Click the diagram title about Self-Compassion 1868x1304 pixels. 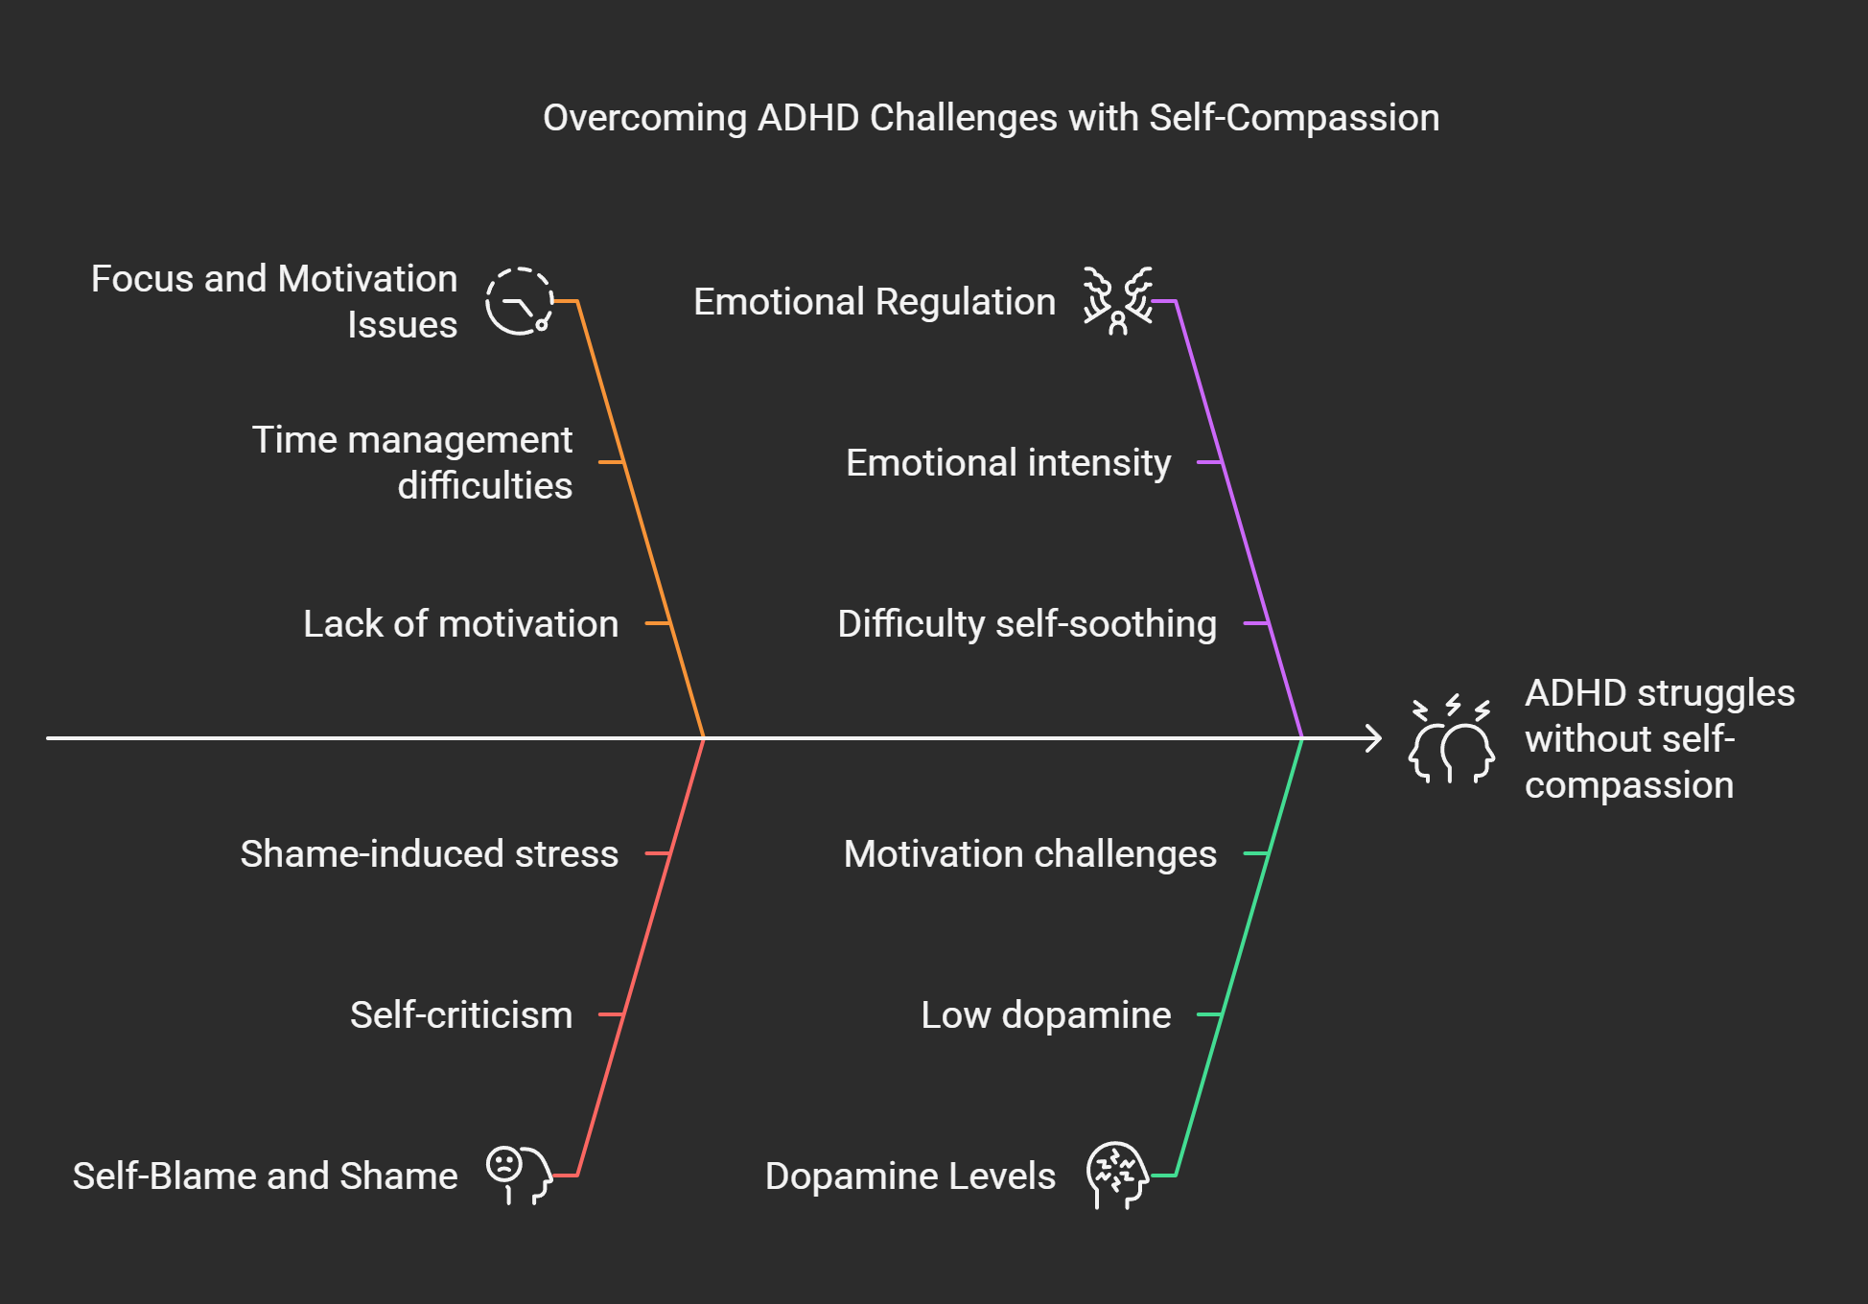pyautogui.click(x=991, y=118)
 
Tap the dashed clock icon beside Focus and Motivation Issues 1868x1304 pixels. pyautogui.click(x=519, y=301)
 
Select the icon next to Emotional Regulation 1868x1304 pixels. pyautogui.click(x=1117, y=301)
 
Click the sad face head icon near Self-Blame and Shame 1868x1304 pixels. pyautogui.click(x=519, y=1175)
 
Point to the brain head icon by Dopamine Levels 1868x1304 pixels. pyautogui.click(x=1117, y=1175)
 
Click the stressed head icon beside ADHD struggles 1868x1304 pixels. pyautogui.click(x=1451, y=739)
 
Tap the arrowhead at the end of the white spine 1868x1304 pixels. pyautogui.click(x=1375, y=738)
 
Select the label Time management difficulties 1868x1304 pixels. pyautogui.click(x=412, y=462)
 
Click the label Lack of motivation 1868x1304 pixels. pyautogui.click(x=460, y=623)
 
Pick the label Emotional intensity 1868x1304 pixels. pyautogui.click(x=1008, y=462)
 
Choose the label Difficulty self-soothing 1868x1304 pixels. pyautogui.click(x=1027, y=623)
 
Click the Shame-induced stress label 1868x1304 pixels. pyautogui.click(x=429, y=853)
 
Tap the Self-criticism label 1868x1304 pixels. pyautogui.click(x=460, y=1014)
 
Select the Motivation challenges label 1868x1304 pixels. pyautogui.click(x=1030, y=853)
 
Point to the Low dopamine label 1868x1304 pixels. pyautogui.click(x=1045, y=1014)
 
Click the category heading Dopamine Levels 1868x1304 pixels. pyautogui.click(x=910, y=1176)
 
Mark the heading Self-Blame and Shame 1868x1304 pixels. pyautogui.click(x=265, y=1176)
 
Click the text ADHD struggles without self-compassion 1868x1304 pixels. pyautogui.click(x=1659, y=738)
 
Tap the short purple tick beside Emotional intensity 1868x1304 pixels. pyautogui.click(x=1209, y=462)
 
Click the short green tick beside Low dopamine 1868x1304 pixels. pyautogui.click(x=1209, y=1014)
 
